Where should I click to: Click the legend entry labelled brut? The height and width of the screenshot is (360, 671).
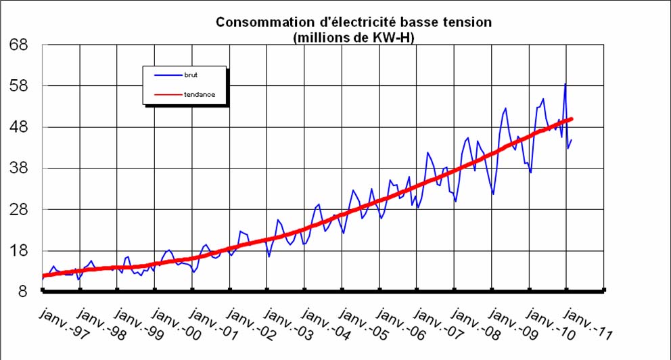pos(191,74)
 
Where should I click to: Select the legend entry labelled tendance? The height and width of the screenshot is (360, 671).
pos(199,95)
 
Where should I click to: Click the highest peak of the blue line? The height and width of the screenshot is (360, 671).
pos(565,84)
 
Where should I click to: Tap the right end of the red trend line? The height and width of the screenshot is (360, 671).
pos(572,119)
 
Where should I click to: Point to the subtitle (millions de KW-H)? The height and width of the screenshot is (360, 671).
pos(354,38)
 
